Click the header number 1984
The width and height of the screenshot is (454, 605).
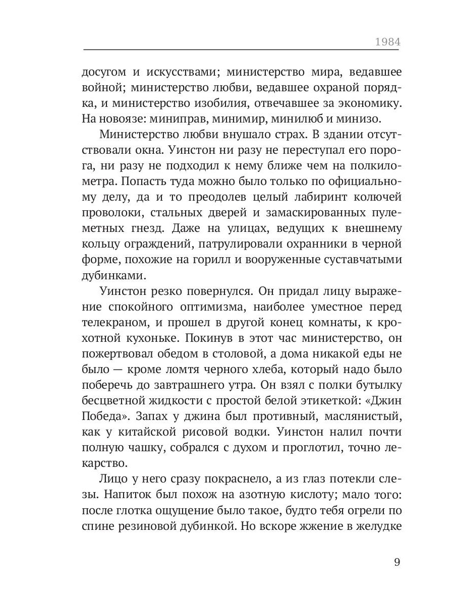(387, 42)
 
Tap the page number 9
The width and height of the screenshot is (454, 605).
(397, 562)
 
